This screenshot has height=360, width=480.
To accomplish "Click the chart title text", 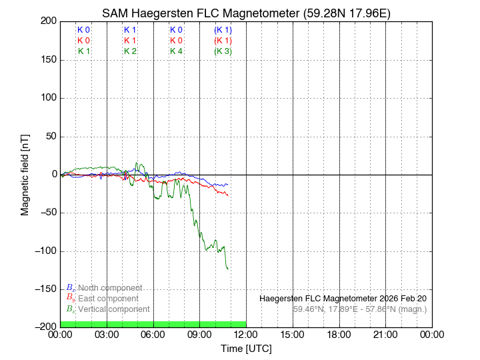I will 246,13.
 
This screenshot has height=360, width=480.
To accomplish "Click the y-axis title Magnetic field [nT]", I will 25,173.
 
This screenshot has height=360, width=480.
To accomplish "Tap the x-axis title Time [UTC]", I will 246,348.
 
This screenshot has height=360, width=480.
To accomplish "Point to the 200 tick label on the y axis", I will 47,21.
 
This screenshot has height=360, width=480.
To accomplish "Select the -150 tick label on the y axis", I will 45,289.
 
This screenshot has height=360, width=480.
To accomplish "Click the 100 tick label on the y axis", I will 47,98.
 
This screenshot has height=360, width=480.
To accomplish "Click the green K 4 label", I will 176,51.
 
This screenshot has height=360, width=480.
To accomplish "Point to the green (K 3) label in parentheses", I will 223,51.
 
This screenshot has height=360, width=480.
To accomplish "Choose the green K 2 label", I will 130,51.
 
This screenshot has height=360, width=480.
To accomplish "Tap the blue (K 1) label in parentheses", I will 223,30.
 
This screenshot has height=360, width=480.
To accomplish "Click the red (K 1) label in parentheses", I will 223,41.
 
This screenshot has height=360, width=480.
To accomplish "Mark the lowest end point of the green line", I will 228,269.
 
